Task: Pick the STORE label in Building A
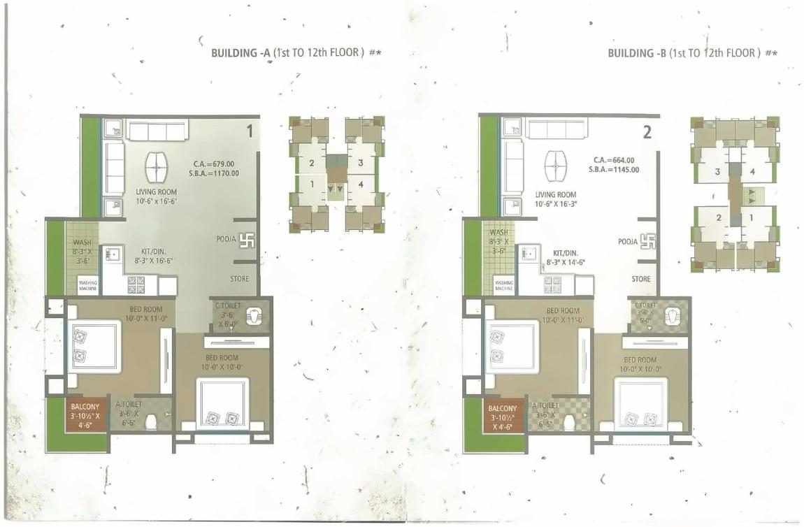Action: pos(240,279)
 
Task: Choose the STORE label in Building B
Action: pos(641,279)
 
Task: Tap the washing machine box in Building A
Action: pos(88,286)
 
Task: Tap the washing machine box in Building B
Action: pos(504,286)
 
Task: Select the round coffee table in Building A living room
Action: pos(157,168)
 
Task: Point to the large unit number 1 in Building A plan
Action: pos(248,130)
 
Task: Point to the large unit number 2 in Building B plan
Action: pos(647,131)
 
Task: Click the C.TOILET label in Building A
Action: pos(227,305)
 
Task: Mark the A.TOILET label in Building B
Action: pos(545,405)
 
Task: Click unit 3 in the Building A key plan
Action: pos(360,163)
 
